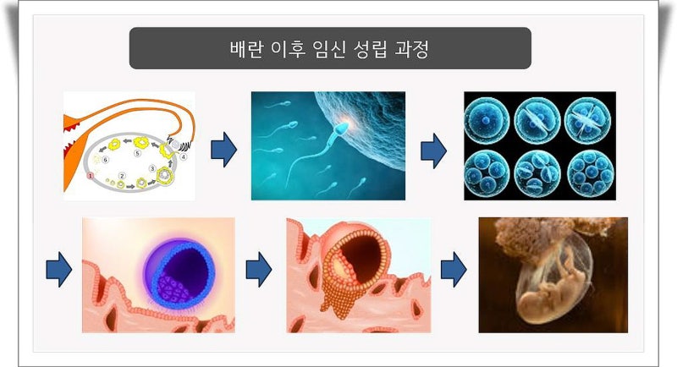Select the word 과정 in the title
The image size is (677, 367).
tap(412, 49)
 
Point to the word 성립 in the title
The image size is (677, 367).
tap(370, 49)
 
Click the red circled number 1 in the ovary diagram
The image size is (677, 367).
tap(91, 176)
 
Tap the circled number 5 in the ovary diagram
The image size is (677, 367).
tap(137, 153)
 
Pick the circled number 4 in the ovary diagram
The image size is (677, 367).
tap(184, 156)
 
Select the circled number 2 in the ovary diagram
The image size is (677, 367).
tap(122, 176)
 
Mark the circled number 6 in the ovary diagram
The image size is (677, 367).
tap(105, 160)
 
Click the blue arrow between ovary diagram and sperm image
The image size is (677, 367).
tap(223, 150)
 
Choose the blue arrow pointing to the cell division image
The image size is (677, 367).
tap(433, 151)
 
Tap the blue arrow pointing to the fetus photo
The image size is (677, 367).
tap(454, 270)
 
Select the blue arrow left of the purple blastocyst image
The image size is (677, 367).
tap(58, 270)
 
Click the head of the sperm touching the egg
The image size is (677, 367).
tap(342, 128)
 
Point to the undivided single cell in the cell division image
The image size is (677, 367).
tap(486, 121)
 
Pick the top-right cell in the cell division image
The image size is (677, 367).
tap(587, 121)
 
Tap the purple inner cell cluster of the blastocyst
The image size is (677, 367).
tap(173, 288)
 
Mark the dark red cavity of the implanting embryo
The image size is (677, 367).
tap(362, 254)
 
